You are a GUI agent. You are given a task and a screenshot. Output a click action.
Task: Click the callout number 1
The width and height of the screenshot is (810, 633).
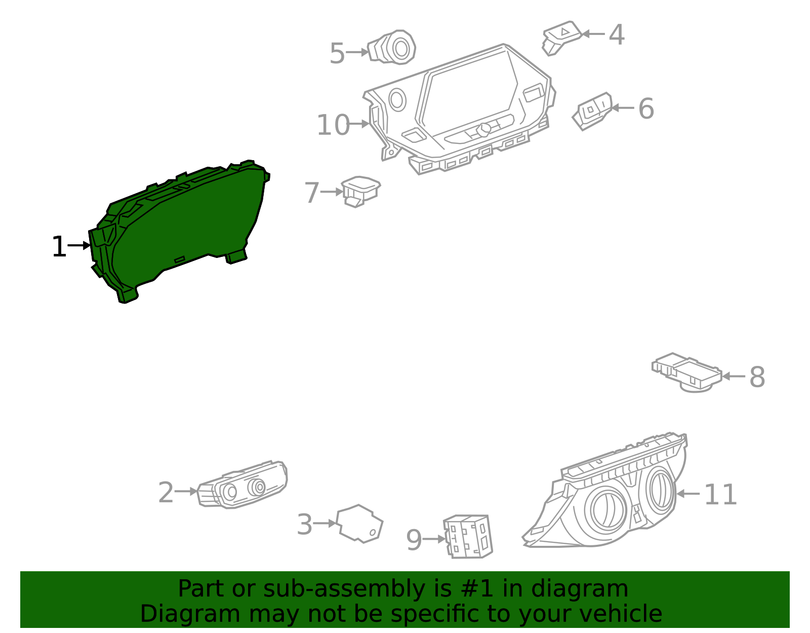click(59, 247)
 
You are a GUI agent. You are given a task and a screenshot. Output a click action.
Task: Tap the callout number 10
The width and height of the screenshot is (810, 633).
click(333, 125)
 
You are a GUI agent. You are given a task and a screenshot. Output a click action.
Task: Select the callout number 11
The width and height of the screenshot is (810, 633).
click(720, 495)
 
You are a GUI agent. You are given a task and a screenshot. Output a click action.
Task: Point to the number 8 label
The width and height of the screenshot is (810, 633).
click(756, 378)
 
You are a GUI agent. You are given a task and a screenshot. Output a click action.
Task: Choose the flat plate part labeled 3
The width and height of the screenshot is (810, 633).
click(360, 524)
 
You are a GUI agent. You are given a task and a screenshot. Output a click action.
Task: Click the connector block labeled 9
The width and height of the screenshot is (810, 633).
click(468, 537)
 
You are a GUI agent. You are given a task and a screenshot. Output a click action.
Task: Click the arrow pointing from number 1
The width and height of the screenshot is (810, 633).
click(78, 245)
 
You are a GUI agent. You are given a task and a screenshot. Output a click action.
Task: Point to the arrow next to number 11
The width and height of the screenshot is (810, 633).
click(688, 493)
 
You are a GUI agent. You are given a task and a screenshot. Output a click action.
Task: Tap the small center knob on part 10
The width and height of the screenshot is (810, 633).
click(483, 129)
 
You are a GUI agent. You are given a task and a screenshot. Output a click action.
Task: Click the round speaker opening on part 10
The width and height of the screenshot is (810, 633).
click(397, 99)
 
